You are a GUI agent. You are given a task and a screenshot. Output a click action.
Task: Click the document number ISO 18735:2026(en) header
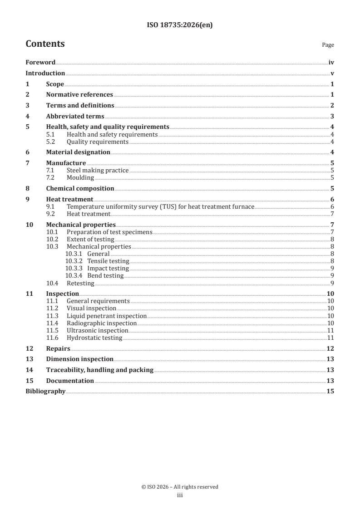coord(180,25)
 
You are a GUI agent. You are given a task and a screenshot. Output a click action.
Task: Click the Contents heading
coord(45,44)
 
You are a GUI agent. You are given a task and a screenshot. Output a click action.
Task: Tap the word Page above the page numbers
coord(328,45)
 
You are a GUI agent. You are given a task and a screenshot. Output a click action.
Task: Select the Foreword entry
coord(40,63)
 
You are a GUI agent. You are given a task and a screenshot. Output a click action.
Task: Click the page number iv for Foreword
coord(331,63)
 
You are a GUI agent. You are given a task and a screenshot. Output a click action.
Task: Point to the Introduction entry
coord(45,73)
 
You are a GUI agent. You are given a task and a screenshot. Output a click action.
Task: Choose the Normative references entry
coord(79,95)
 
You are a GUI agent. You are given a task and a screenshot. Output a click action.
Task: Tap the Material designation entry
coord(78,152)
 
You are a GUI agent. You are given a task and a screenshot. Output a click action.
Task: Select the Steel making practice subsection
coord(98,171)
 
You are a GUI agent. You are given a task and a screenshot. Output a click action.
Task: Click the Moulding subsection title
coord(80,178)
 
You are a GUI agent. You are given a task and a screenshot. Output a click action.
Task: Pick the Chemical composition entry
coord(80,188)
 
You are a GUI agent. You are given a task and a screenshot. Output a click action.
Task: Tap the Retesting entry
coord(80,284)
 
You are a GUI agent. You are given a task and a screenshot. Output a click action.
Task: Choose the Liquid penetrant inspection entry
coord(107,316)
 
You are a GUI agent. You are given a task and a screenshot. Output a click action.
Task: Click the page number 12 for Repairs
coord(330,349)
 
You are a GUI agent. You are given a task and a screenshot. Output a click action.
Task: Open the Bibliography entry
coord(45,391)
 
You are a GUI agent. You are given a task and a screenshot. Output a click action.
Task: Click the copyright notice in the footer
coord(180,487)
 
